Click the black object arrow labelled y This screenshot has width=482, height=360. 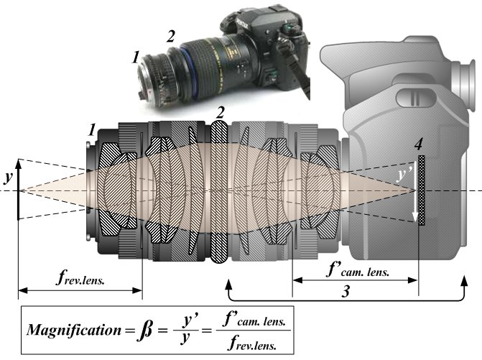(19, 190)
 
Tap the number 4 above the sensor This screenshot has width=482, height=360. (418, 145)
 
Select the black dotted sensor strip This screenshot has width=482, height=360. (422, 190)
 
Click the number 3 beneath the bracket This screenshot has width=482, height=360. (346, 291)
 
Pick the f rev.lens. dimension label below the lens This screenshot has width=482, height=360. (80, 278)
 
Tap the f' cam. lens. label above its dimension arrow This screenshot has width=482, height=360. (358, 270)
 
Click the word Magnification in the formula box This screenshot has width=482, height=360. (74, 330)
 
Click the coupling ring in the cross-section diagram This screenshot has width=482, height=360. (219, 192)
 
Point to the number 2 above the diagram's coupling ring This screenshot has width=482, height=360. (220, 113)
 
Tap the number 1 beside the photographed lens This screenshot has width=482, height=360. (136, 57)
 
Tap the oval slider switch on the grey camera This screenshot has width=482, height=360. (415, 97)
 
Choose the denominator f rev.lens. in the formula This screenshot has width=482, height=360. (252, 343)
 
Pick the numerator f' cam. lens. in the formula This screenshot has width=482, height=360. (254, 320)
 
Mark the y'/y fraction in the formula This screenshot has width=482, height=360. (185, 331)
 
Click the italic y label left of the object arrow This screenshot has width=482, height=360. (8, 177)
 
